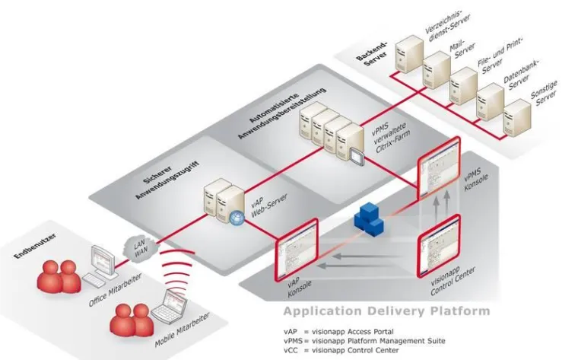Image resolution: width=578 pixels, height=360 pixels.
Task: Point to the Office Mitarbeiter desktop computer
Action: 101,263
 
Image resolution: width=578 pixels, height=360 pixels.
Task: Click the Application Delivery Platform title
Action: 386,312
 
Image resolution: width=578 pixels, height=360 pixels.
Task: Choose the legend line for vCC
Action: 351,351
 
